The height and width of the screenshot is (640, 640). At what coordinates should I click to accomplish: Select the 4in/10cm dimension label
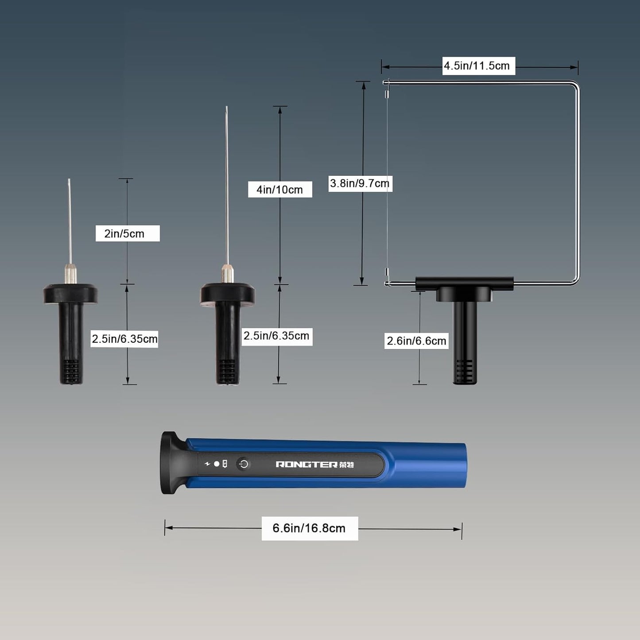click(279, 190)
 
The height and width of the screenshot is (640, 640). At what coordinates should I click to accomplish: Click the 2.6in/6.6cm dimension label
click(416, 341)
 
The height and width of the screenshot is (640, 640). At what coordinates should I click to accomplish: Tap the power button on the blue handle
click(244, 464)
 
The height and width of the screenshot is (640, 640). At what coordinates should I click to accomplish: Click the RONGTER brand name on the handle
click(306, 464)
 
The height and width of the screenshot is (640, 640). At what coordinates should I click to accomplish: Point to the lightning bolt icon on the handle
click(208, 464)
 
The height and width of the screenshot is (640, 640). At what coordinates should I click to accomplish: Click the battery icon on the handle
click(225, 464)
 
